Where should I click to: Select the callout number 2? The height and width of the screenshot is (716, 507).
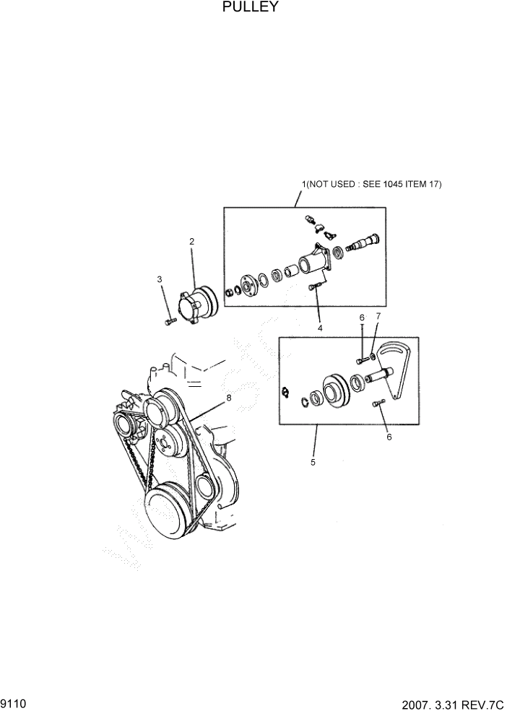[x=191, y=242]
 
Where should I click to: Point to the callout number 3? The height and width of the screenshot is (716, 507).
[x=160, y=279]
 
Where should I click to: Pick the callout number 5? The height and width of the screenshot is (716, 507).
[x=313, y=463]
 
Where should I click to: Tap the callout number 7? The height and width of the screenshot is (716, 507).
[x=377, y=316]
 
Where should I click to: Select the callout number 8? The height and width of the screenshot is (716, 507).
[x=228, y=397]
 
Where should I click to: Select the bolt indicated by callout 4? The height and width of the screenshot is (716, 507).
[x=313, y=287]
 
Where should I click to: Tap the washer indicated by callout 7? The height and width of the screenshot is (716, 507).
[x=371, y=355]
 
